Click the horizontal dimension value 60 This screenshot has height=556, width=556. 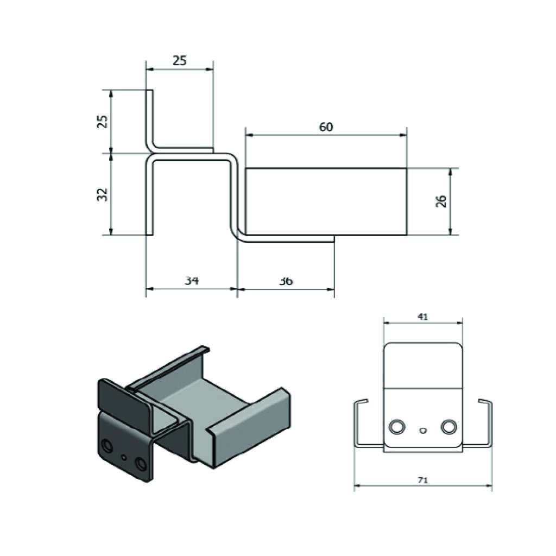[326, 127]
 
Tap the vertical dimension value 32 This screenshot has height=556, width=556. [102, 195]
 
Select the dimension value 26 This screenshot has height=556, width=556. [441, 201]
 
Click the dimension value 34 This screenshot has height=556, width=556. [192, 281]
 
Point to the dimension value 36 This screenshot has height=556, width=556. [286, 281]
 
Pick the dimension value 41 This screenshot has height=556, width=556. [422, 317]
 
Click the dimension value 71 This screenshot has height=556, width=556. [422, 480]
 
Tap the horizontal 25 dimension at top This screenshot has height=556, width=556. [179, 61]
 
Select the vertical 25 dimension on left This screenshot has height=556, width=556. [102, 121]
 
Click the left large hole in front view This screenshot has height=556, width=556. [396, 426]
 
